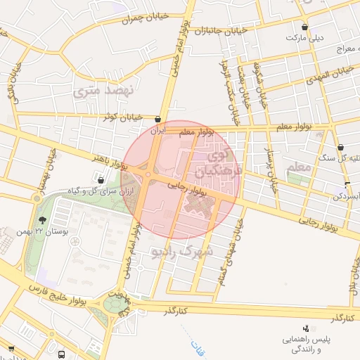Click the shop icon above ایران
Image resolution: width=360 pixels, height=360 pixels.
coord(158,120)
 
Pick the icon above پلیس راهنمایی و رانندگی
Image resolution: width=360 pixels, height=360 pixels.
coord(305,328)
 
